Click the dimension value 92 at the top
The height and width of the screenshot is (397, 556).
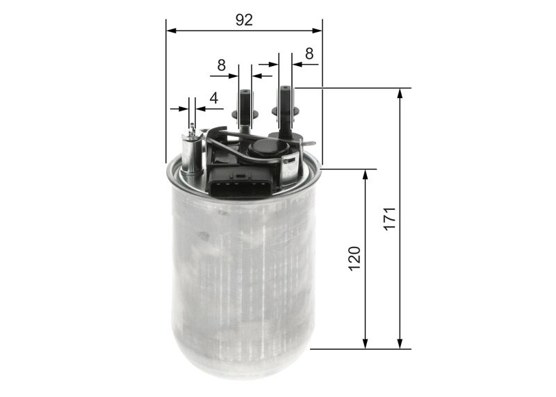click(x=244, y=19)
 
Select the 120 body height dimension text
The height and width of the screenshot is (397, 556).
click(x=354, y=258)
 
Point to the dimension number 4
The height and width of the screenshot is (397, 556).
click(x=214, y=98)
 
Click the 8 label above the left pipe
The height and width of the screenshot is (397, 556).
click(x=221, y=65)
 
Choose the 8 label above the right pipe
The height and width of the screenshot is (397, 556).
click(x=309, y=53)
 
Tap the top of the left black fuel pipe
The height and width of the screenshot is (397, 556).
click(x=245, y=92)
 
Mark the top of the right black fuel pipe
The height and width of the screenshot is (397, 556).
click(x=285, y=89)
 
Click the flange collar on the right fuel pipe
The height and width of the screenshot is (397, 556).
click(x=285, y=111)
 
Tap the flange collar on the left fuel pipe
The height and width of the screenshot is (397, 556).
click(x=245, y=114)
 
